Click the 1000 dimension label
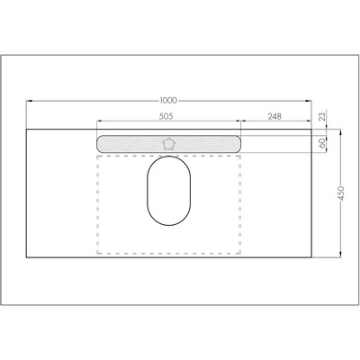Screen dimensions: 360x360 click(168, 101)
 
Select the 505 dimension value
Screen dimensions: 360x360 click(166, 116)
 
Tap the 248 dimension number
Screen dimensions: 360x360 click(274, 116)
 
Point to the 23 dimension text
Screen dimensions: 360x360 click(321, 117)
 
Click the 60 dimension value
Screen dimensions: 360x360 click(322, 143)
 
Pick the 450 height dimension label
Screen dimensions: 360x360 click(341, 193)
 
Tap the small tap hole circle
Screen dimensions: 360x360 click(168, 144)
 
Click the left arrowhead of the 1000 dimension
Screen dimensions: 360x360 click(30, 101)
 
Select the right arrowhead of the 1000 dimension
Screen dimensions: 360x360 click(309, 101)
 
